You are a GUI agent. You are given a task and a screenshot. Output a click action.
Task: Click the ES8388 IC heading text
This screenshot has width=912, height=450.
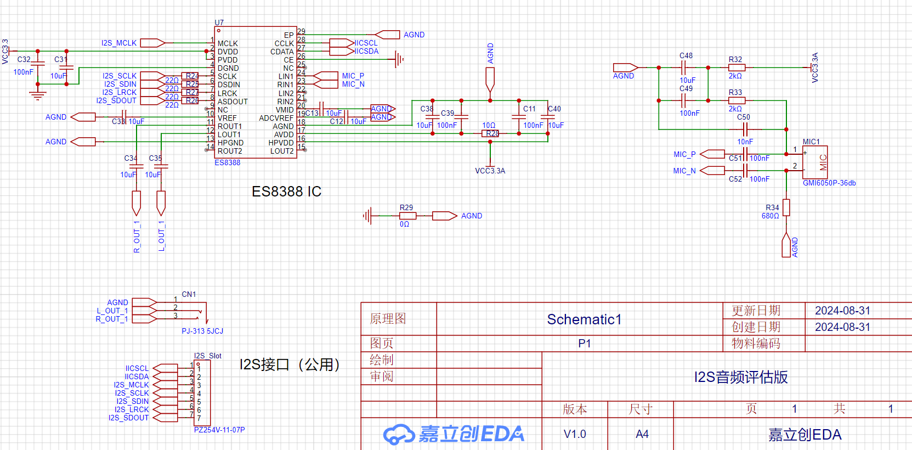[x=286, y=192]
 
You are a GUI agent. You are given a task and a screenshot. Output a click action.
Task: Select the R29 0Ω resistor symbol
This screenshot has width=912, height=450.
[x=407, y=216]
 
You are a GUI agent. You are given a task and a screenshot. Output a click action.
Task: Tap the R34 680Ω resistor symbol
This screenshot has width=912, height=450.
[x=786, y=207]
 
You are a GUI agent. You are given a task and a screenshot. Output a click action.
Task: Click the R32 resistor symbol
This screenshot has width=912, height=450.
[x=736, y=67]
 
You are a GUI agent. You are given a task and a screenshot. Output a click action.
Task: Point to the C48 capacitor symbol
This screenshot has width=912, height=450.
[x=684, y=67]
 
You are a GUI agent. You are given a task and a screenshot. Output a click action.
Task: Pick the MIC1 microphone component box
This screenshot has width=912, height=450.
[x=815, y=162]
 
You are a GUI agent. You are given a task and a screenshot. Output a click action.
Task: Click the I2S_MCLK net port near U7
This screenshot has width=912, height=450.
[x=152, y=43]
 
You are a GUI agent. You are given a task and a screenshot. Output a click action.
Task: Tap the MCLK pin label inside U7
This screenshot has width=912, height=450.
[x=228, y=43]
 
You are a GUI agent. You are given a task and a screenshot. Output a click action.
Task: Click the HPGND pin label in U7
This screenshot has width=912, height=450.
[x=230, y=143]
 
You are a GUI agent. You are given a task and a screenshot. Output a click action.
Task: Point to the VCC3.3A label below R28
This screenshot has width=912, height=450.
[x=490, y=171]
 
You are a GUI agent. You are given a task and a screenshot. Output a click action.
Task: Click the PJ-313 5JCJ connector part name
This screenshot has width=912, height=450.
[x=202, y=331]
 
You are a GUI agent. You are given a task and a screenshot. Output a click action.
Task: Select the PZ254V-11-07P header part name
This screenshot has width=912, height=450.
[x=219, y=430]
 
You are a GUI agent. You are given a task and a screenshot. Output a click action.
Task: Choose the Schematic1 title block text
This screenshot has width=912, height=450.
[x=584, y=319]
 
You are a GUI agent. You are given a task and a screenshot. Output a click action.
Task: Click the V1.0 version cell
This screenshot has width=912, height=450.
[x=575, y=434]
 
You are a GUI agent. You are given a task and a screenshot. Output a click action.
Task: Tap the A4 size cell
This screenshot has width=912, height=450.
[x=642, y=434]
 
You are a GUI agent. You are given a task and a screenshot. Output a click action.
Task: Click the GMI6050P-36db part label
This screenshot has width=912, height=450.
[x=829, y=183]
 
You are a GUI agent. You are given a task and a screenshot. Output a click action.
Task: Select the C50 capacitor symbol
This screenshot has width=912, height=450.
[x=745, y=130]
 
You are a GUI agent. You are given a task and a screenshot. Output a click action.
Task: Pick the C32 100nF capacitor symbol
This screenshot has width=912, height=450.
[x=38, y=63]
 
